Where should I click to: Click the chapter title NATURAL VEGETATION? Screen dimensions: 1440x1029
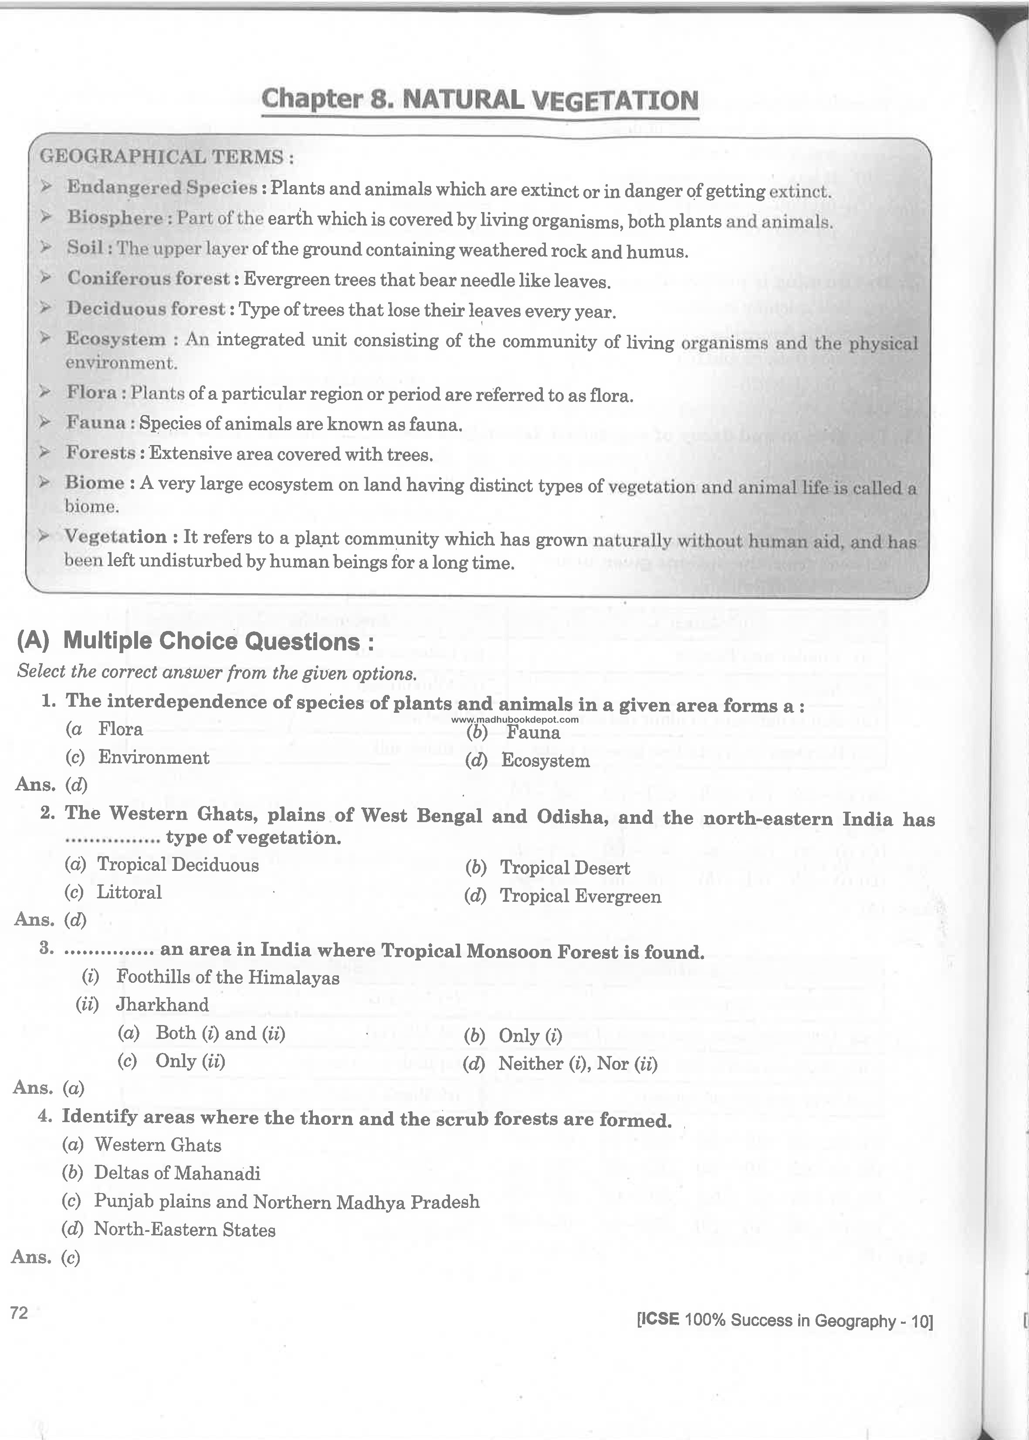[x=550, y=101]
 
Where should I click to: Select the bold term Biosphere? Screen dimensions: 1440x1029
[x=115, y=217]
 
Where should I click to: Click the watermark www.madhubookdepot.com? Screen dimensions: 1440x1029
[x=515, y=719]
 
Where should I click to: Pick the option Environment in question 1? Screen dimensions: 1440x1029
[x=153, y=757]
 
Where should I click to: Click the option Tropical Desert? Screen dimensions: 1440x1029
[x=565, y=867]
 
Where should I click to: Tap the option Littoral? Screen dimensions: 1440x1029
[x=129, y=892]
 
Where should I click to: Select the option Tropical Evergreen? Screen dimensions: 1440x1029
[x=580, y=896]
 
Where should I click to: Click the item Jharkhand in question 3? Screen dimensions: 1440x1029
[x=162, y=1004]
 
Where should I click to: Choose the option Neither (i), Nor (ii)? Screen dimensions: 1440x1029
[x=577, y=1063]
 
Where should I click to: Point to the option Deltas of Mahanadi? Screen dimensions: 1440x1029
[x=177, y=1173]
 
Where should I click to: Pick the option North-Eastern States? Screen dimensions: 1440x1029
[x=184, y=1230]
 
